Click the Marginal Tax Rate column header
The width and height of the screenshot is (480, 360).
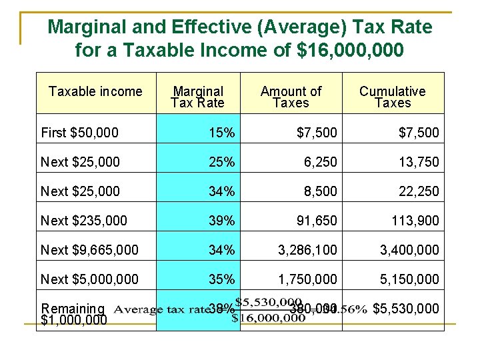[197, 97]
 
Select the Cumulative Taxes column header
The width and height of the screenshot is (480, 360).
[392, 97]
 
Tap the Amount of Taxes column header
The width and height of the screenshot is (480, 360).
[291, 97]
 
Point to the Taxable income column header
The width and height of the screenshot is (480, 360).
[95, 92]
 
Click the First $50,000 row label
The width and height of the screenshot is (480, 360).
[79, 133]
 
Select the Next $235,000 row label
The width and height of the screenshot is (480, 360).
[84, 221]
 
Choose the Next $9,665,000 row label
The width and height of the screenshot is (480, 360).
[89, 250]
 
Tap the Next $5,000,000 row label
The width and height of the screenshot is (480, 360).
[89, 279]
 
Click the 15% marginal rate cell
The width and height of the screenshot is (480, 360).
[221, 133]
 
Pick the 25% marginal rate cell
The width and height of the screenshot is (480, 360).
[221, 162]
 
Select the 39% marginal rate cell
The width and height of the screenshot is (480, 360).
[221, 221]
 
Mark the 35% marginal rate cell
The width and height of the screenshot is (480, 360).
[221, 279]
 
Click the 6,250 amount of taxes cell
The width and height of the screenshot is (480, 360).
[321, 162]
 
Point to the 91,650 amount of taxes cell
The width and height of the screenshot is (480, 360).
[318, 221]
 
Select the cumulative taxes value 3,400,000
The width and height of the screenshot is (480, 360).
[409, 250]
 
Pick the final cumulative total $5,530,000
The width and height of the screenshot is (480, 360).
[405, 309]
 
